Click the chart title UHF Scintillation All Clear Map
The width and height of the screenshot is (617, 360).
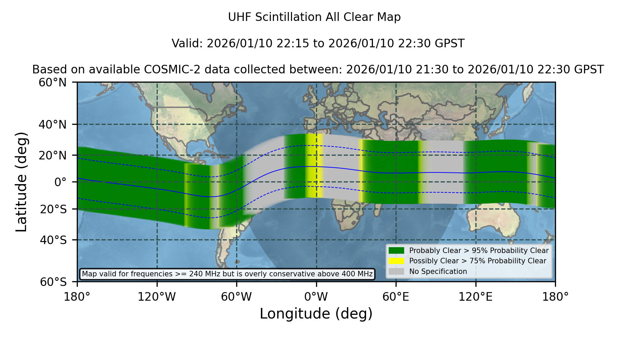[x=314, y=17]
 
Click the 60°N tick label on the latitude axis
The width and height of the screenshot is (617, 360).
[x=52, y=83]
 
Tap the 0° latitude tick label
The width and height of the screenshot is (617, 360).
[x=60, y=182]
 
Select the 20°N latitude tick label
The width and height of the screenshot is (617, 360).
[x=52, y=155]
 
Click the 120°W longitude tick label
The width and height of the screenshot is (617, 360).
[x=157, y=297]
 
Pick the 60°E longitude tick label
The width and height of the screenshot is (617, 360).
[x=396, y=297]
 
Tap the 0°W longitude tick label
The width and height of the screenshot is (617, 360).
[x=316, y=297]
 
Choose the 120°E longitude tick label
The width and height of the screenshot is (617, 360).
[x=475, y=297]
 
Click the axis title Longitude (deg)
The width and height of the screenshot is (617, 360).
[x=316, y=314]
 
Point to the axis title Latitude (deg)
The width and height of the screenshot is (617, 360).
[x=21, y=182]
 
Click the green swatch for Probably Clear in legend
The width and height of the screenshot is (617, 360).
[x=397, y=251]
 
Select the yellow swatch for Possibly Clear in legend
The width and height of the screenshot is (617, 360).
[x=397, y=261]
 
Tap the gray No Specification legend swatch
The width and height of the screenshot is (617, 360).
[x=397, y=272]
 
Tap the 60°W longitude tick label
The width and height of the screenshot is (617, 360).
[x=237, y=297]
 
